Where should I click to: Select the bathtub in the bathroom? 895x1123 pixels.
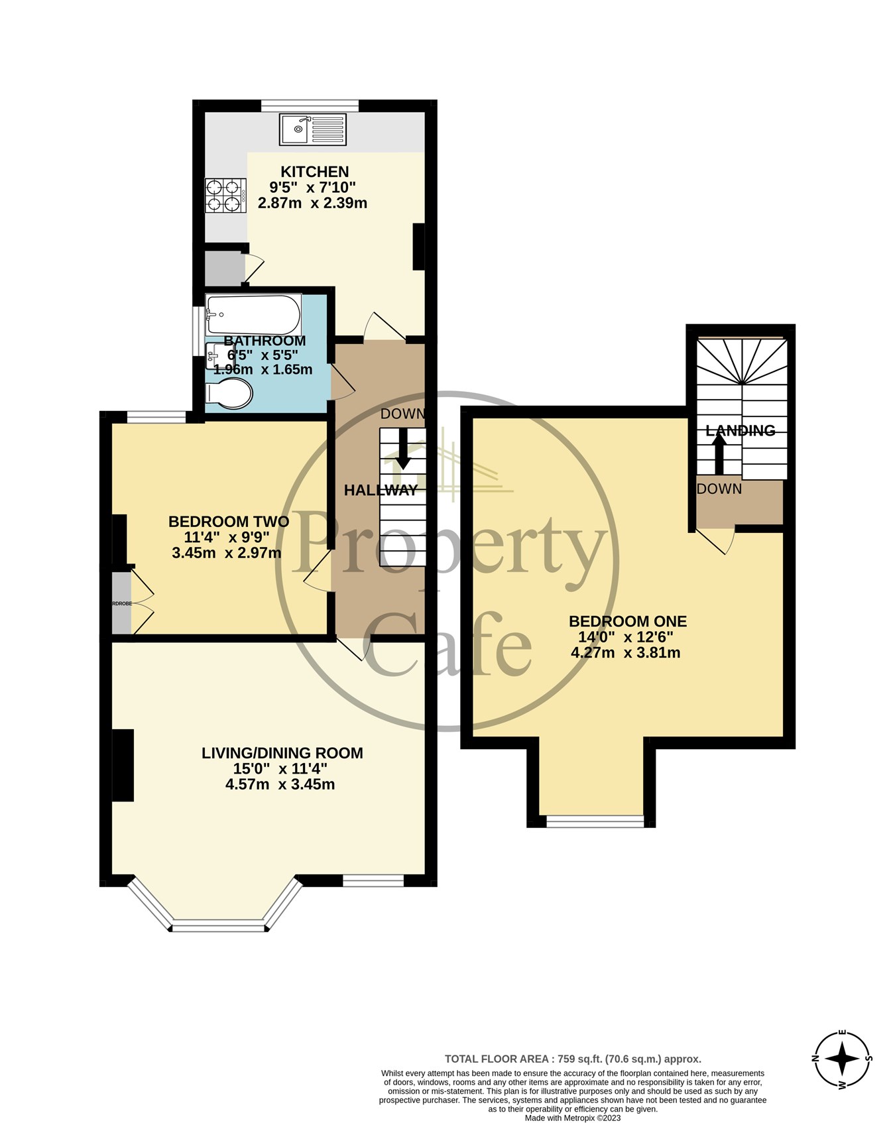point(253,314)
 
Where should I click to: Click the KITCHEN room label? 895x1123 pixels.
point(314,172)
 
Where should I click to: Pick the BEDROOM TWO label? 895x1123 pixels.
point(228,522)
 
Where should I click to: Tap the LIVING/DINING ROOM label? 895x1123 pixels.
point(282,753)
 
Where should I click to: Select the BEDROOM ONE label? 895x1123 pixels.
point(627,622)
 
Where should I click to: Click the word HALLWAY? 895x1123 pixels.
point(381,491)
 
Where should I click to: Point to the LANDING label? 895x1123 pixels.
point(740,431)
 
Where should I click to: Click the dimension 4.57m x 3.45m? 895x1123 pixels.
point(280,785)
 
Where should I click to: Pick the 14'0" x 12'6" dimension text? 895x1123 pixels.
point(626,637)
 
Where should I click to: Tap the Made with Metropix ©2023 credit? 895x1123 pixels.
point(572,1118)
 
